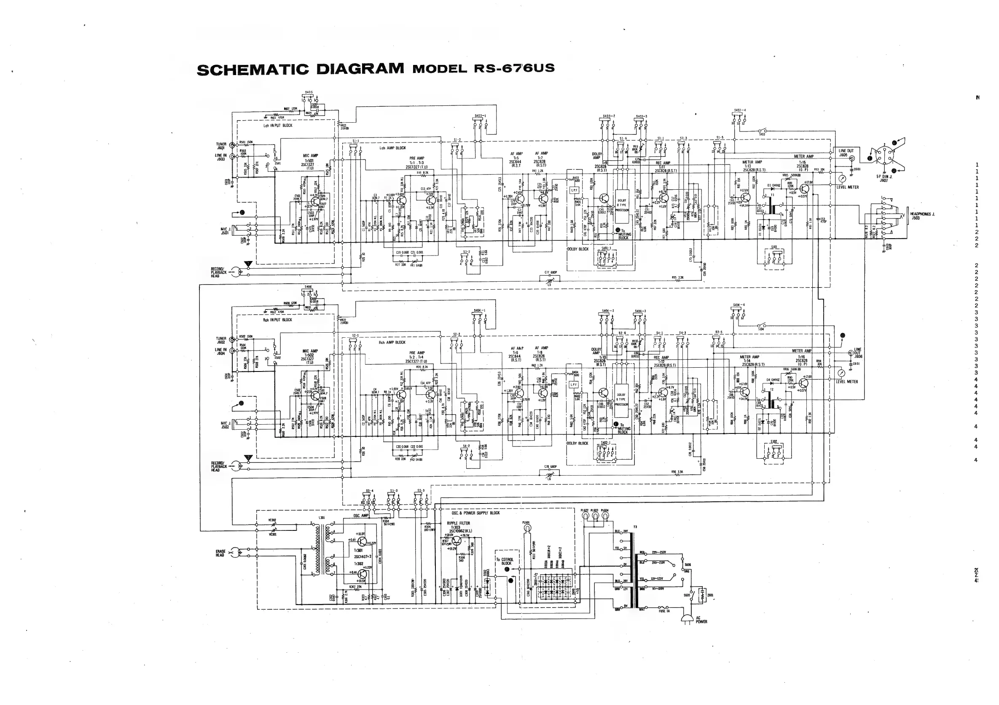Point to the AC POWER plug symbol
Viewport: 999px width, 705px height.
click(x=687, y=619)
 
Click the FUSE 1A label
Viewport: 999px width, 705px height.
click(x=664, y=611)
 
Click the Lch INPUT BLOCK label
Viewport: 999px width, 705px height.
click(x=278, y=125)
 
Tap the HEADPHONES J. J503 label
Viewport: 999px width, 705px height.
click(x=922, y=216)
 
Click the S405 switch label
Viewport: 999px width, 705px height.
click(x=309, y=93)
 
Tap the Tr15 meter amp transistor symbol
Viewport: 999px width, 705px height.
click(x=804, y=189)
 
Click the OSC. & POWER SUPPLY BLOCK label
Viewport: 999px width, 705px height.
click(x=475, y=513)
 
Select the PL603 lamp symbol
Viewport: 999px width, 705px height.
click(x=595, y=516)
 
